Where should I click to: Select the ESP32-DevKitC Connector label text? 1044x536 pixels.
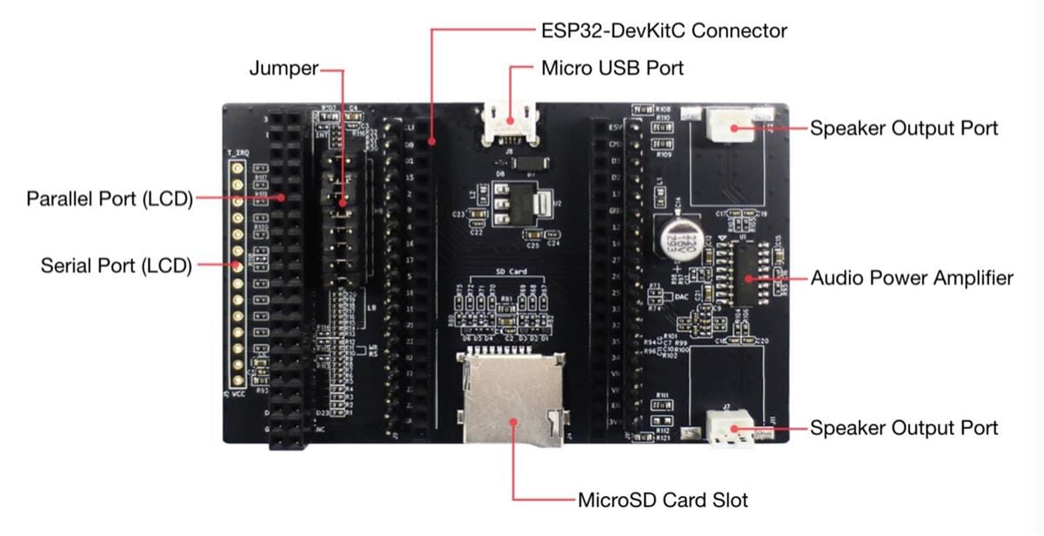pyautogui.click(x=664, y=31)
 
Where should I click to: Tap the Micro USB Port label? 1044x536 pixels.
pyautogui.click(x=612, y=68)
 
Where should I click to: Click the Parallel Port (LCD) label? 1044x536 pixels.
pyautogui.click(x=109, y=198)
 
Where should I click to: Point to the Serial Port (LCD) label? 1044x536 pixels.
pyautogui.click(x=116, y=265)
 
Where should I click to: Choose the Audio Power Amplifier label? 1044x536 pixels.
pyautogui.click(x=912, y=278)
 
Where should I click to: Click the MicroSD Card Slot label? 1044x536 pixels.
pyautogui.click(x=663, y=500)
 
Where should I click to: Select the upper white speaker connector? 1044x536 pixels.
pyautogui.click(x=732, y=127)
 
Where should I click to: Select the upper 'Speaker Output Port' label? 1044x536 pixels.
pyautogui.click(x=904, y=128)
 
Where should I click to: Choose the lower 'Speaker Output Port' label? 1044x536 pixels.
pyautogui.click(x=904, y=428)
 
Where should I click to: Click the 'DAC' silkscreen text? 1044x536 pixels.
pyautogui.click(x=683, y=296)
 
